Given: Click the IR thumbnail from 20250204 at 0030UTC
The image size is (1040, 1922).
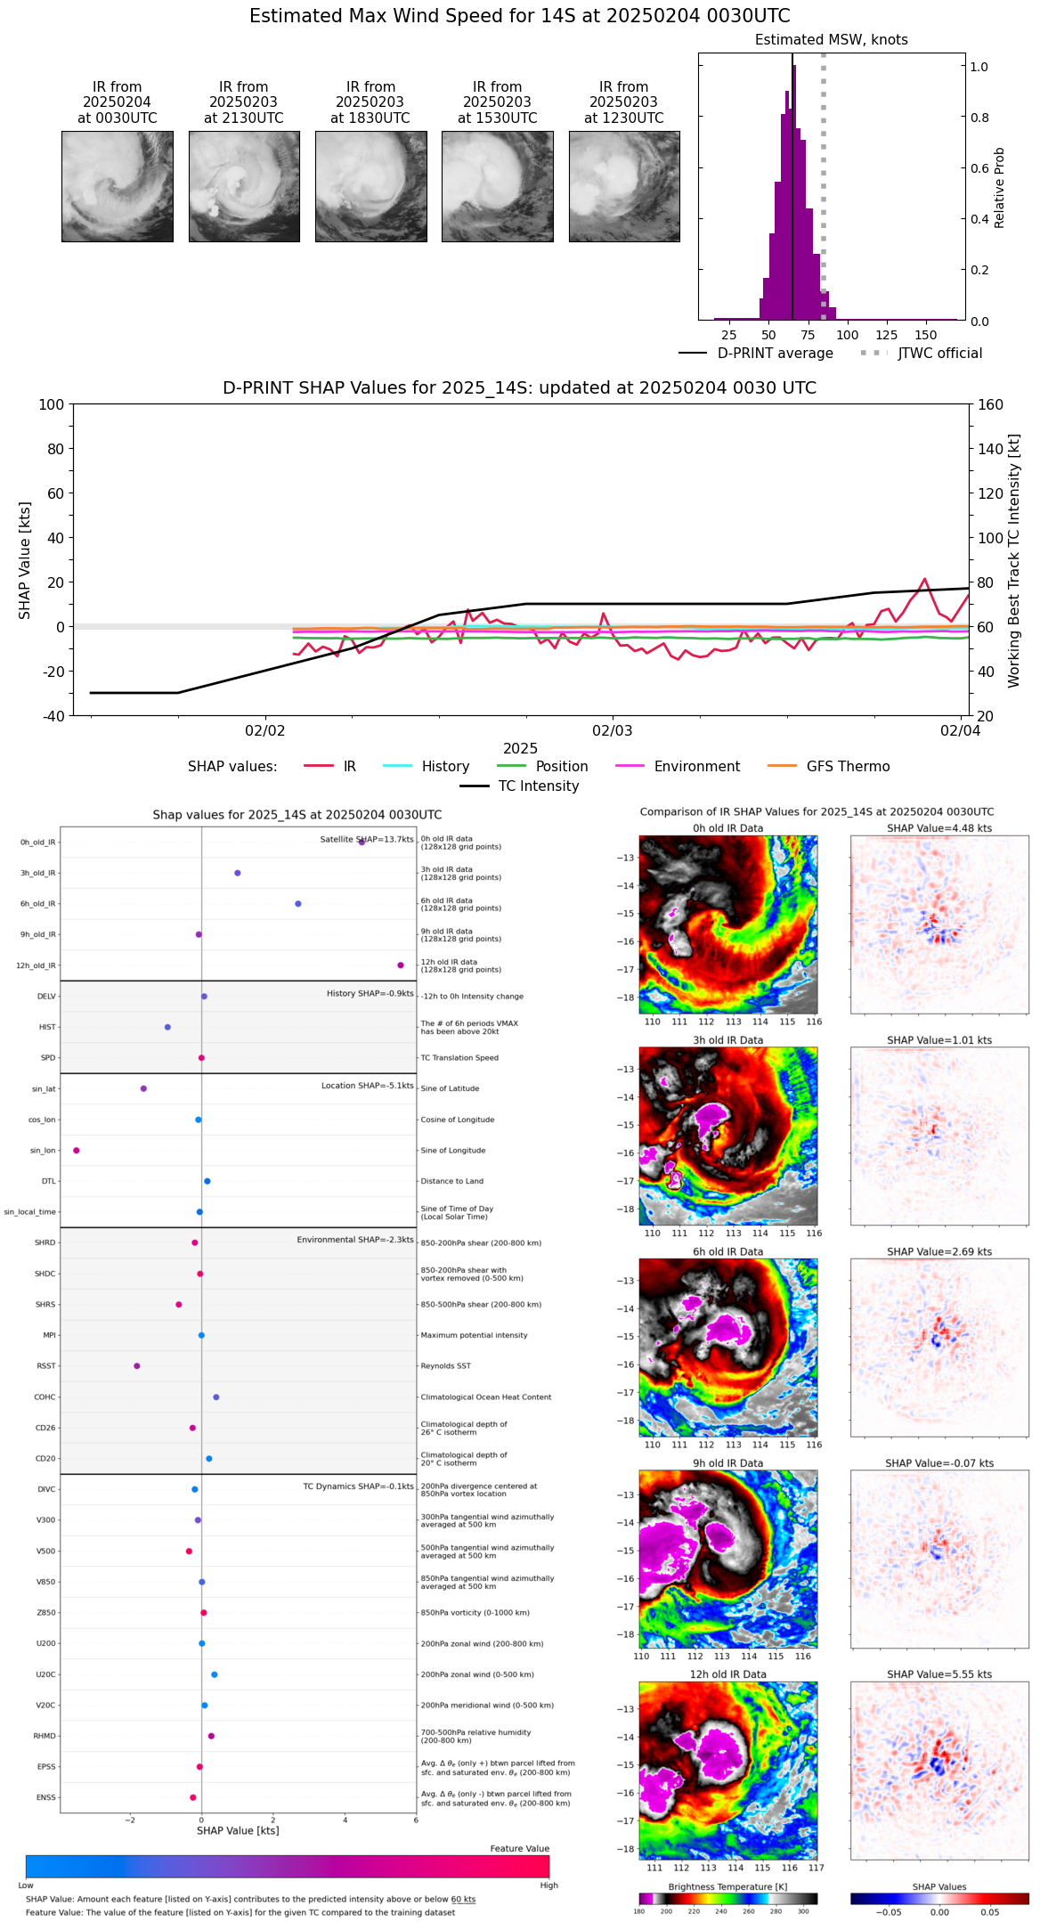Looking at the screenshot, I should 117,186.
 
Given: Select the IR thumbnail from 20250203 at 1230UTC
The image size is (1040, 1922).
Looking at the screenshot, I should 624,186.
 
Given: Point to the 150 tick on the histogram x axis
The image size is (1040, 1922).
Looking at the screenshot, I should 926,335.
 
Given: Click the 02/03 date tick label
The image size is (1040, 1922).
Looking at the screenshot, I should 613,731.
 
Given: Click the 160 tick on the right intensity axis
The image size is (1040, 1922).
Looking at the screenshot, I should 990,404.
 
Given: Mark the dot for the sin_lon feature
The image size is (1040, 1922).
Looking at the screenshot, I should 77,1150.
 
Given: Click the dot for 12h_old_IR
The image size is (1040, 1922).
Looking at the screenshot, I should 401,965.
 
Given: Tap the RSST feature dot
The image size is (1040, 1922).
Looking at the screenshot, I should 136,1365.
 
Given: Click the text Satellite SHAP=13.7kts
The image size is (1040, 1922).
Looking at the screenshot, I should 367,839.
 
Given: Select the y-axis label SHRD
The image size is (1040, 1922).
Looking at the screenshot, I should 45,1242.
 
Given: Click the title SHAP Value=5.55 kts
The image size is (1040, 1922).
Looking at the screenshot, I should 938,1674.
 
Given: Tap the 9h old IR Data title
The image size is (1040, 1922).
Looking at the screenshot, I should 727,1463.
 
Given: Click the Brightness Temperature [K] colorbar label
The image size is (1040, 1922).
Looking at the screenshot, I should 727,1886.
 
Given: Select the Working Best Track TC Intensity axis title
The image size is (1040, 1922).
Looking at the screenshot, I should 1013,561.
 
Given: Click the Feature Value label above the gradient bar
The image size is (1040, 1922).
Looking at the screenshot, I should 519,1849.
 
